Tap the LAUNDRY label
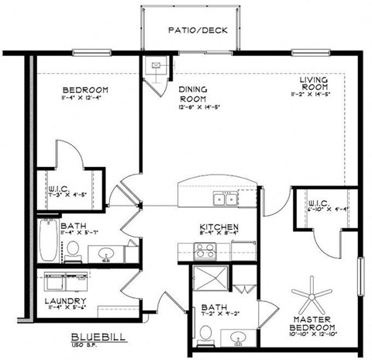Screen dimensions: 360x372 click(x=64, y=301)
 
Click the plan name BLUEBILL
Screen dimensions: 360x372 click(x=92, y=337)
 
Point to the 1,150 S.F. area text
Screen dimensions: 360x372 click(x=92, y=345)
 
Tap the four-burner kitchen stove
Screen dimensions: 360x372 click(x=205, y=250)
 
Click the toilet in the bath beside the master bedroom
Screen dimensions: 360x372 click(x=205, y=332)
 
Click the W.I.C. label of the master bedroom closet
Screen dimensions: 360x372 click(x=319, y=204)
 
